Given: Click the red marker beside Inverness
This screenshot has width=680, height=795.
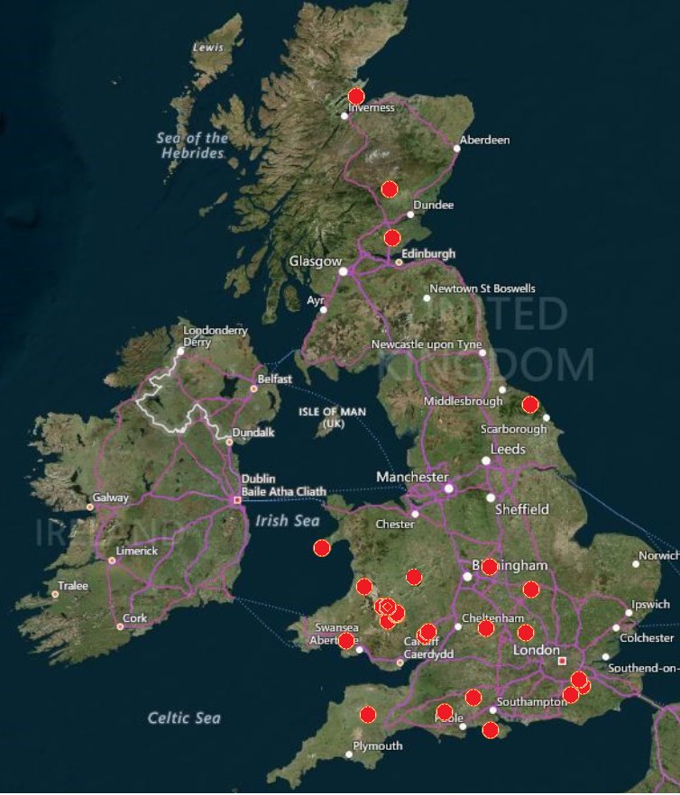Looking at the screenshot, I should pyautogui.click(x=356, y=96).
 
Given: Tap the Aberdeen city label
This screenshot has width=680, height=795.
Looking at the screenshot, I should pyautogui.click(x=484, y=140).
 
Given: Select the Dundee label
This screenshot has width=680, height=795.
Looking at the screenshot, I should pyautogui.click(x=433, y=206).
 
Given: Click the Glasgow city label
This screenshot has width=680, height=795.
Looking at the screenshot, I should pyautogui.click(x=315, y=261).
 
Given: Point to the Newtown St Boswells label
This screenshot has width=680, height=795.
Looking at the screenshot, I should pyautogui.click(x=482, y=288).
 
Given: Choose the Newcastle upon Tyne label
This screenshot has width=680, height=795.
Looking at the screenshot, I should pyautogui.click(x=427, y=345).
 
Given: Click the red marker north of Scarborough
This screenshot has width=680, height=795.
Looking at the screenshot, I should pyautogui.click(x=530, y=405).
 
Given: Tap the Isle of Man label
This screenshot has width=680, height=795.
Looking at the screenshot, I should pyautogui.click(x=333, y=416).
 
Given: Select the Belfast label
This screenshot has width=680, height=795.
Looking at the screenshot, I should pyautogui.click(x=275, y=379).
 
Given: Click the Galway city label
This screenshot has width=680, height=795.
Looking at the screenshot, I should pyautogui.click(x=110, y=498).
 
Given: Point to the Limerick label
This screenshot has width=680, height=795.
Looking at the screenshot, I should pyautogui.click(x=136, y=551).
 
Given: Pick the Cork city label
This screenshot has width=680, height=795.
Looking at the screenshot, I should pyautogui.click(x=134, y=618).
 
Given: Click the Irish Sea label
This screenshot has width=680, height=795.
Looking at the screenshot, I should pyautogui.click(x=287, y=520).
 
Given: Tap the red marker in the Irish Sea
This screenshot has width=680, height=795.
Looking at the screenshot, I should pyautogui.click(x=322, y=547).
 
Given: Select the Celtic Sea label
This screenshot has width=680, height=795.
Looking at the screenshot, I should pyautogui.click(x=183, y=717).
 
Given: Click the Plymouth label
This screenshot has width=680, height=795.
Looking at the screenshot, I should pyautogui.click(x=378, y=746).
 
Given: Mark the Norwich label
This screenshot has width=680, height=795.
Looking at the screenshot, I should pyautogui.click(x=658, y=556).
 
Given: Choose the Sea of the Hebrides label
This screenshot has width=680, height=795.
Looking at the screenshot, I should pyautogui.click(x=192, y=145).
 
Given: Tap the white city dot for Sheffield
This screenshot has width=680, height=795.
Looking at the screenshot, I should pyautogui.click(x=491, y=498).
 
